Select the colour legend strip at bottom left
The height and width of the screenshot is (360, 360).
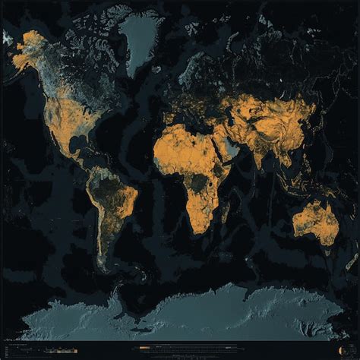click(x=30, y=352)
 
